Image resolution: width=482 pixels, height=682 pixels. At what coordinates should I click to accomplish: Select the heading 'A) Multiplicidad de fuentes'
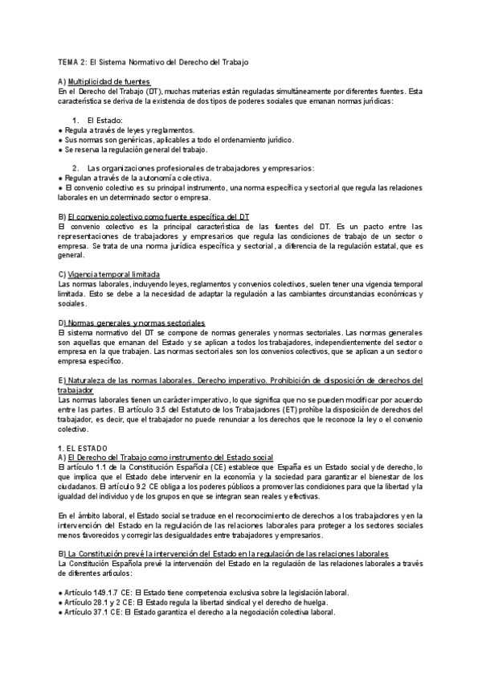click(104, 82)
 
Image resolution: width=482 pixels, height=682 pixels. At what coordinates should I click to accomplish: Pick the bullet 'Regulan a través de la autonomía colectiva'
click(137, 177)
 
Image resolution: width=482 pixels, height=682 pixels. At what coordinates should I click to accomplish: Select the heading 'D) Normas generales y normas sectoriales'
click(132, 323)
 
